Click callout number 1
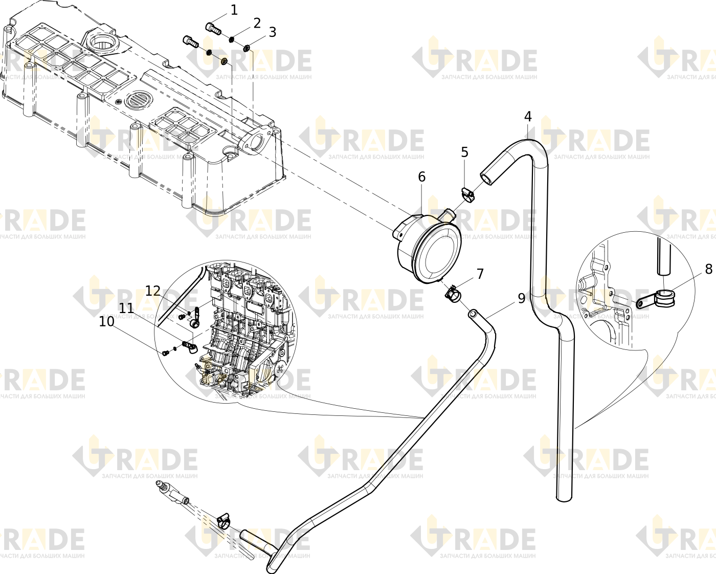coord(234,10)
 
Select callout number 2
coord(257,24)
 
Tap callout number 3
coord(272,32)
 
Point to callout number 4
coord(528,117)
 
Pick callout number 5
coord(464,152)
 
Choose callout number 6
coord(421,177)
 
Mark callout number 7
coord(480,274)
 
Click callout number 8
coord(708,269)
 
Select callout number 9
coord(521,299)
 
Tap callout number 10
coord(106,322)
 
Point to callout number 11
coord(126,308)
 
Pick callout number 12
coord(153,291)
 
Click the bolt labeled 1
coord(214,28)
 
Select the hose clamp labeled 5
coord(468,194)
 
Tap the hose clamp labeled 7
coord(453,293)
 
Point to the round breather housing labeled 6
coord(428,247)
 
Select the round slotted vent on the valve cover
coord(139,100)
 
